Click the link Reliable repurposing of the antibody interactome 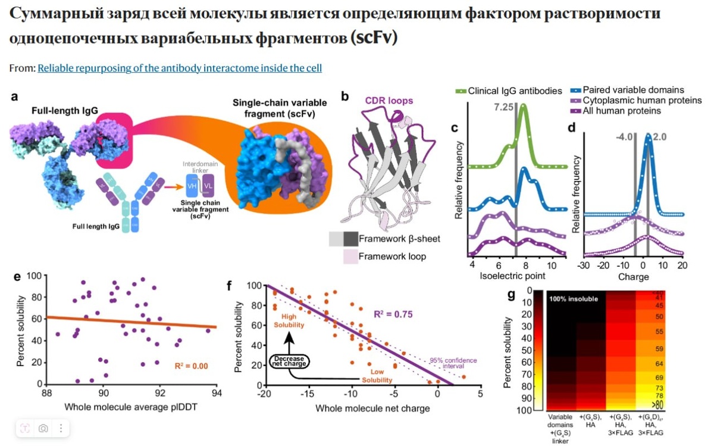(x=180, y=68)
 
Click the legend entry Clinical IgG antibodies (x=515, y=91)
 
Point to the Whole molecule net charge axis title (x=372, y=408)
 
